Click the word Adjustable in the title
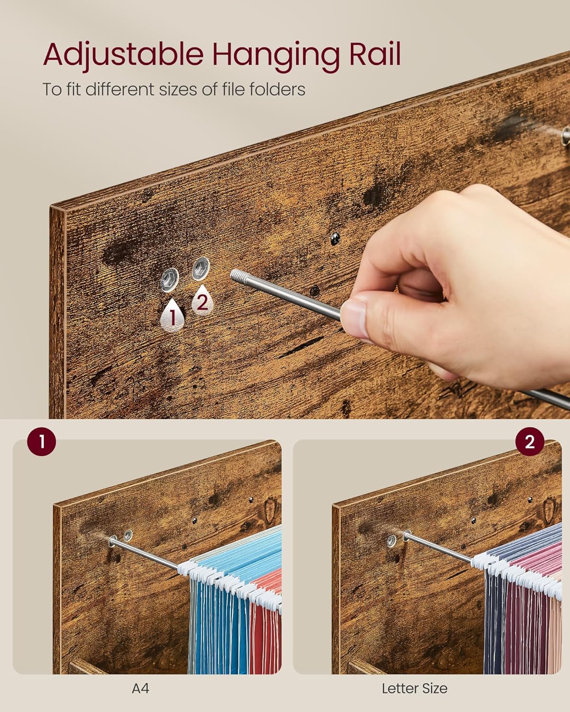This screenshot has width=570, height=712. point(123,56)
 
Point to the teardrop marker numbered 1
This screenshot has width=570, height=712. point(171,315)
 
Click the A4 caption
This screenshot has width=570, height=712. point(141,689)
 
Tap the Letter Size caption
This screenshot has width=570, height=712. point(414,689)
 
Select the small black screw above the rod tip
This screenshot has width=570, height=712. point(335,238)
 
